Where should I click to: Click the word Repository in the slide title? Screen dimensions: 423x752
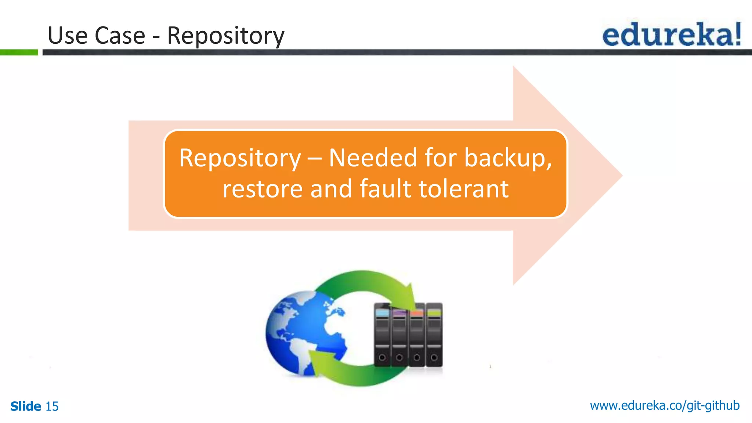(x=225, y=36)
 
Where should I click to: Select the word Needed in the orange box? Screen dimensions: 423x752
(x=373, y=158)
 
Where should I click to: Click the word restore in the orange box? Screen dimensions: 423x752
(x=262, y=189)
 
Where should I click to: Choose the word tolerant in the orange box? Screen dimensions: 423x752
(x=463, y=189)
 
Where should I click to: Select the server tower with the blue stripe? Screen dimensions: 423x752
(x=382, y=334)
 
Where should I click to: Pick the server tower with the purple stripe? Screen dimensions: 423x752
(x=399, y=334)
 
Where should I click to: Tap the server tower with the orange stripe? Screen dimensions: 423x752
(x=417, y=334)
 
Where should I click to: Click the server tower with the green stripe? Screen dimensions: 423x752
(x=434, y=334)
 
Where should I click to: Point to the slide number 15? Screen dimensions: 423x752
(x=52, y=406)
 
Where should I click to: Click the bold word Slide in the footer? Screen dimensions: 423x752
(x=26, y=406)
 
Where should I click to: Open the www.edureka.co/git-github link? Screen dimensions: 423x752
(x=665, y=405)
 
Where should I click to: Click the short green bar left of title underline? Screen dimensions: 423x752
(x=19, y=53)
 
